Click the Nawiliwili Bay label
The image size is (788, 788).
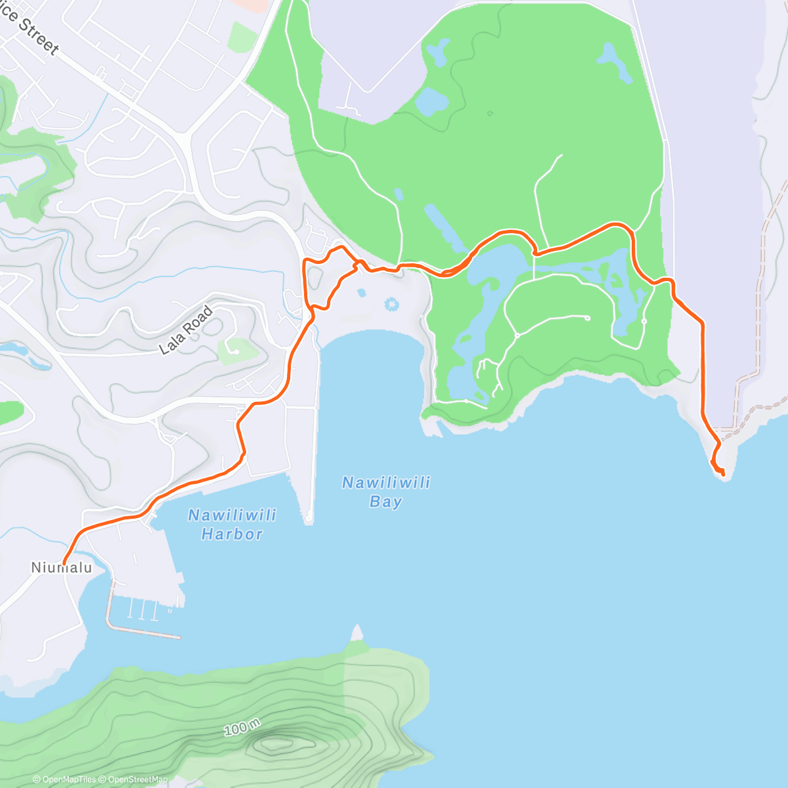point(386,492)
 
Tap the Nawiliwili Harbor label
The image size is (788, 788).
point(232,524)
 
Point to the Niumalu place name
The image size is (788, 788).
point(62,567)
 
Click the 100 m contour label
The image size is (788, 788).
point(242,728)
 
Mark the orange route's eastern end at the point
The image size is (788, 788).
point(722,473)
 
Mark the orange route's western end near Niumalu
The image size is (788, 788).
point(63,563)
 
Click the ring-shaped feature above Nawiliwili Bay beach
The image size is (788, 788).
point(392,304)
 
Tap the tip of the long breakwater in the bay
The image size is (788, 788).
point(309,519)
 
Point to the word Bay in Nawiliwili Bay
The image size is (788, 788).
point(385,502)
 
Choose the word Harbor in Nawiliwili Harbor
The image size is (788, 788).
point(232,534)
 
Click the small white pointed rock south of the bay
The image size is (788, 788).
point(357,633)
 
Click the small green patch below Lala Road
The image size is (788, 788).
point(236,351)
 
